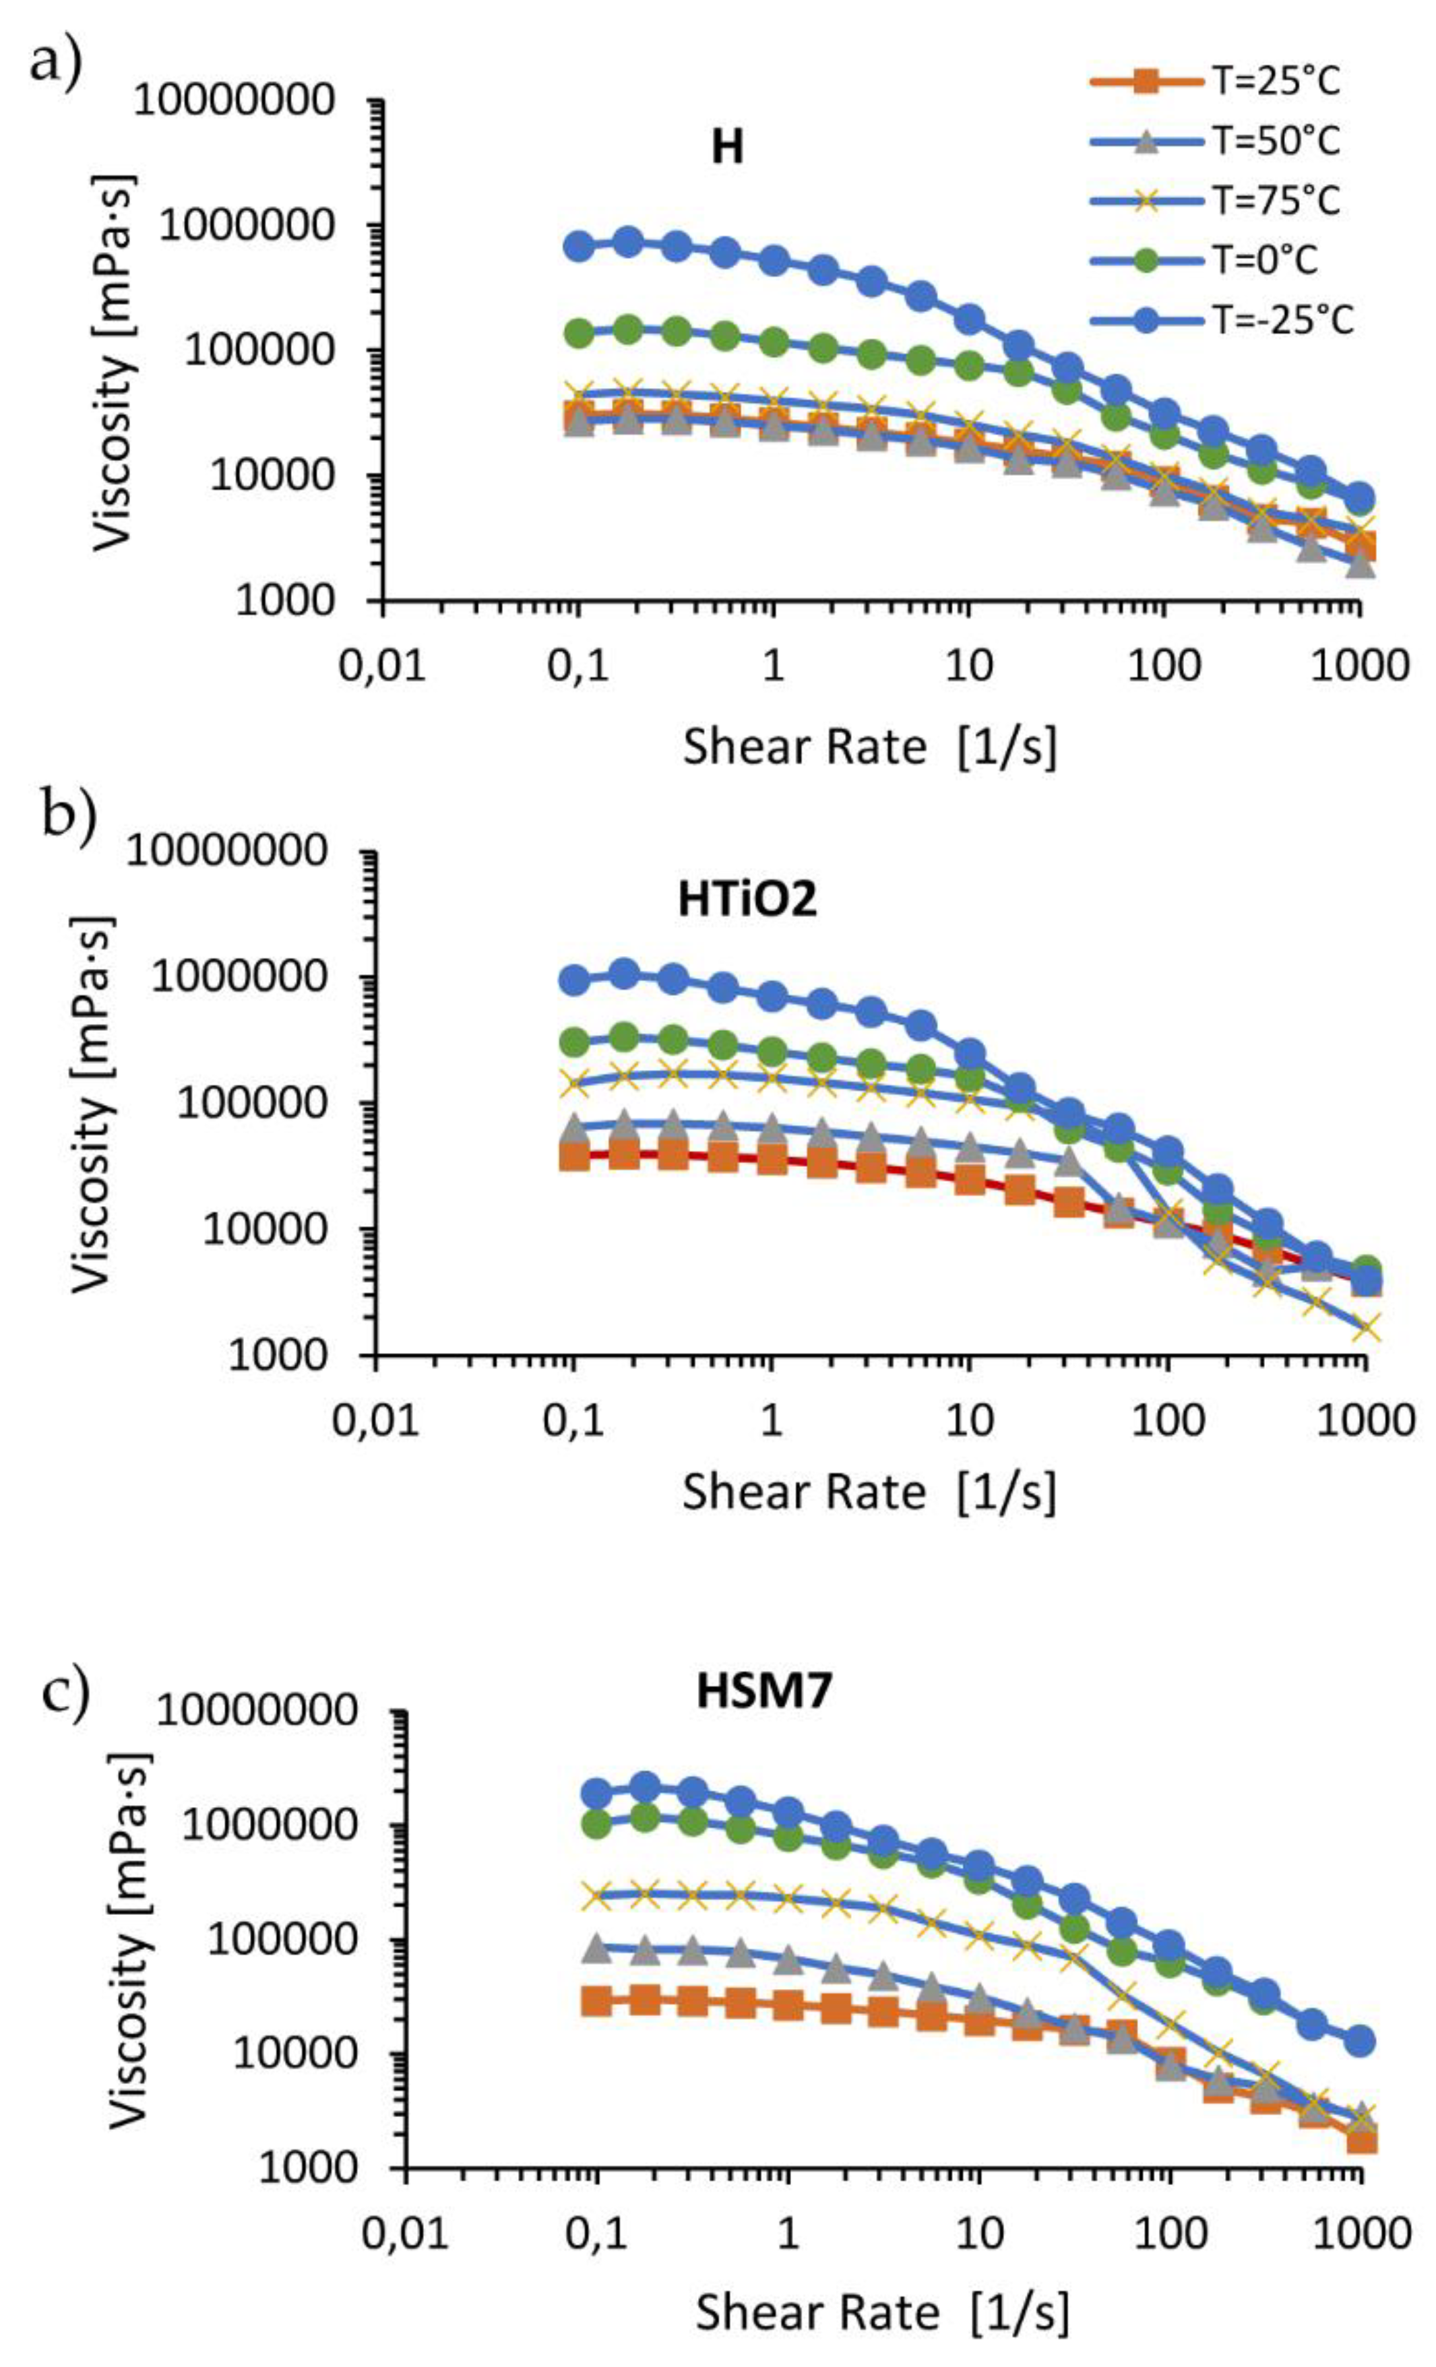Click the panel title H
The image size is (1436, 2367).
[x=727, y=149]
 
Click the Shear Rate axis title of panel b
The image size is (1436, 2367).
[x=869, y=1492]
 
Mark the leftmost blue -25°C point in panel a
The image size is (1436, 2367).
[x=577, y=246]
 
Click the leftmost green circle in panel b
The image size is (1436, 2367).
[x=574, y=1041]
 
